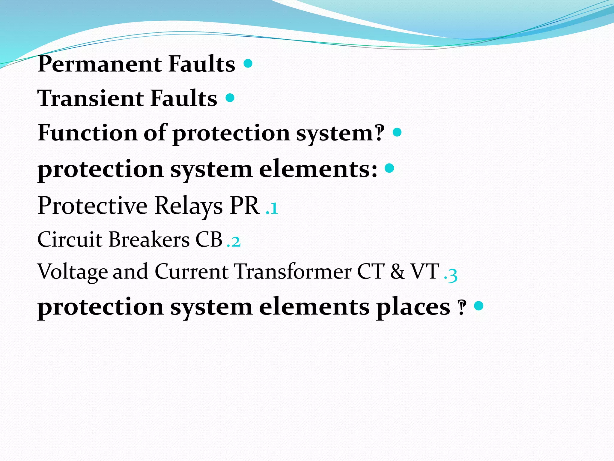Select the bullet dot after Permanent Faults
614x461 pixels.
click(248, 63)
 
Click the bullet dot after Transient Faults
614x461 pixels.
click(230, 98)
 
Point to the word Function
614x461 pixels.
click(87, 133)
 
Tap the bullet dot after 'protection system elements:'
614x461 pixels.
click(389, 168)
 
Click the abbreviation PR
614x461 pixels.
click(244, 206)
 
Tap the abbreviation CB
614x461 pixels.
click(209, 240)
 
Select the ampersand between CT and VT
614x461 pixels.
click(397, 272)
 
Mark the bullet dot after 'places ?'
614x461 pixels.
click(479, 306)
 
